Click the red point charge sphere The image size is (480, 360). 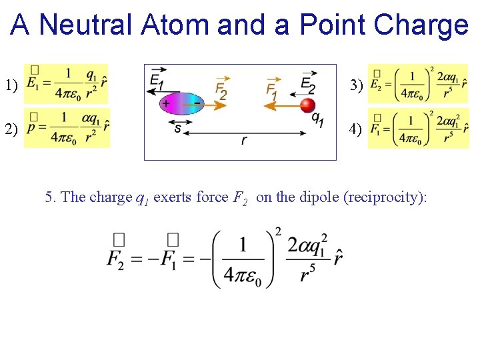[x=307, y=105]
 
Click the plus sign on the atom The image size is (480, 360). [x=166, y=103]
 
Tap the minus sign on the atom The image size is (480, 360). [x=196, y=103]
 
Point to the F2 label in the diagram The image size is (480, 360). [x=221, y=89]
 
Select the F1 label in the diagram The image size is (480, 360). [x=271, y=89]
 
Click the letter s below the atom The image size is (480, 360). [x=177, y=127]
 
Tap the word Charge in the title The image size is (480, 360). [x=421, y=25]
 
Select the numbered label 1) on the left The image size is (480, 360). [x=11, y=85]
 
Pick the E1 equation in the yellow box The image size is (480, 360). [x=66, y=84]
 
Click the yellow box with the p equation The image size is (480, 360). [x=67, y=127]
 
